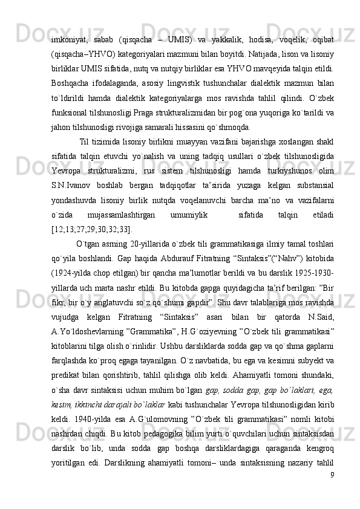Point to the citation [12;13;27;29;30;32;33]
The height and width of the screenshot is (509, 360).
(x=91, y=246)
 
